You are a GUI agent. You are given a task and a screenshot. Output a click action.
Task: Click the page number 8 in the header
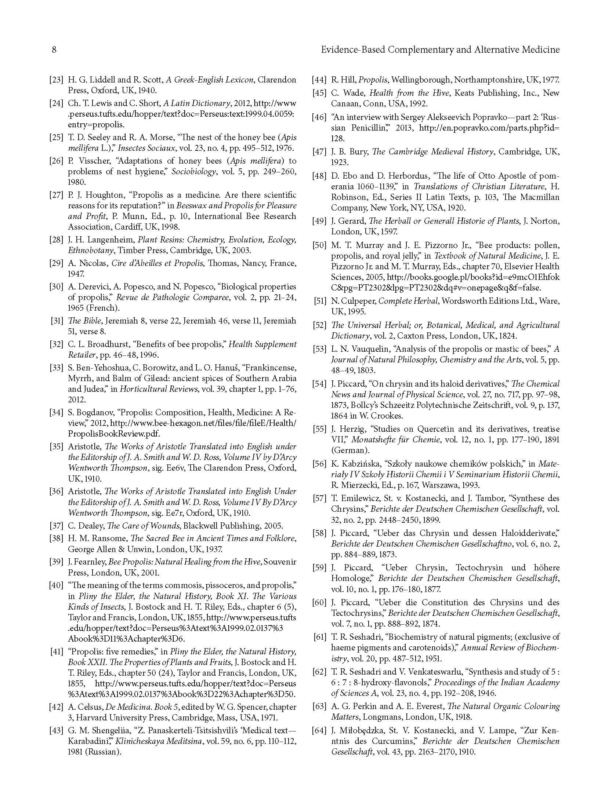54,50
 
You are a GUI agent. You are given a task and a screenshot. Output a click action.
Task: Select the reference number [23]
56,80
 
